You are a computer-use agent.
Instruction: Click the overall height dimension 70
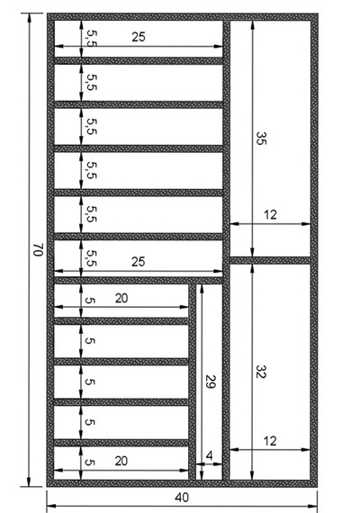[39, 249]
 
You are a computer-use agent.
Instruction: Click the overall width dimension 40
[182, 498]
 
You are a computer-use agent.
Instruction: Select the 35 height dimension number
[262, 138]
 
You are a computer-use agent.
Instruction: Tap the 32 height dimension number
[261, 372]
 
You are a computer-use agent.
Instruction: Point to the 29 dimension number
[211, 382]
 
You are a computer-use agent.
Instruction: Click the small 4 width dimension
[210, 455]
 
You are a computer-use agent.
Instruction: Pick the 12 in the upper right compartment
[270, 214]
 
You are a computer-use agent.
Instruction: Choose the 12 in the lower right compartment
[270, 441]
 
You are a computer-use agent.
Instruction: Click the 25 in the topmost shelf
[139, 37]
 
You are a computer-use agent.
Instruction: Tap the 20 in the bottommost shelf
[121, 461]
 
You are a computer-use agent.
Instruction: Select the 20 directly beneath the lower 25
[121, 299]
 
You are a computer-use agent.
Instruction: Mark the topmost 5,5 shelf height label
[92, 39]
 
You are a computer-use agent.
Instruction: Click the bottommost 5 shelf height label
[90, 462]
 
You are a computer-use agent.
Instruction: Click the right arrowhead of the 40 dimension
[313, 507]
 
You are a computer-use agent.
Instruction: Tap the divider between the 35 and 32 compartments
[270, 260]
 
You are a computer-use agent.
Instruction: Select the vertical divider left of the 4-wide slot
[192, 382]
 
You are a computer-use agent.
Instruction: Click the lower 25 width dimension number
[138, 262]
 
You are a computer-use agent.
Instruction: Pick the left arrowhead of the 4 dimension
[200, 463]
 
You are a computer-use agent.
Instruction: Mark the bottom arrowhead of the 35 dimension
[252, 253]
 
